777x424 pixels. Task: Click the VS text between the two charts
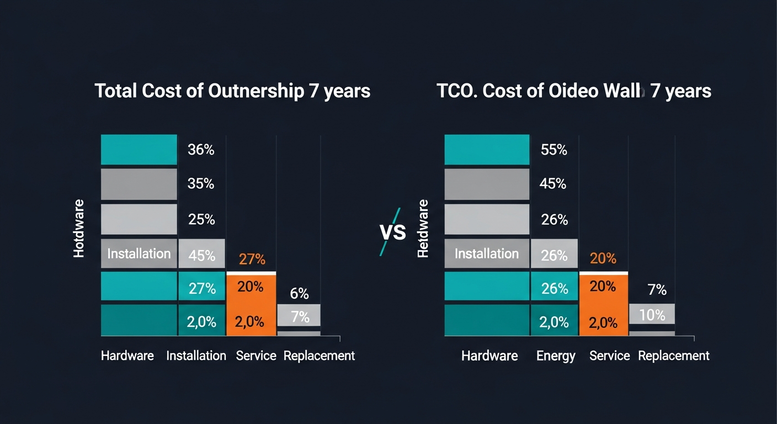pos(393,232)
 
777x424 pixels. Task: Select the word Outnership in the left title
pos(256,91)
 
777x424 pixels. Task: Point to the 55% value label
pos(554,150)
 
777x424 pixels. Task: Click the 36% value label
pos(201,150)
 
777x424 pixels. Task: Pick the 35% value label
pos(201,184)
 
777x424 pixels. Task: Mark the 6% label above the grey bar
pos(299,294)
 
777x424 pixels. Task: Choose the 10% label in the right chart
pos(652,315)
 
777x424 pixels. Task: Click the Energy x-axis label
pos(556,356)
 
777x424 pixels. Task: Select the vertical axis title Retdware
pos(423,229)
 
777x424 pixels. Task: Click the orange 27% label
pos(252,259)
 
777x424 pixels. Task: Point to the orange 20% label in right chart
pos(603,258)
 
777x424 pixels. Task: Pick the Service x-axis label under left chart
pos(256,356)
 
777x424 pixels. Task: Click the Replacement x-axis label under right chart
pos(673,356)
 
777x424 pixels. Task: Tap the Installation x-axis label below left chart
pos(196,356)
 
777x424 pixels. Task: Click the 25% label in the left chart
pos(201,220)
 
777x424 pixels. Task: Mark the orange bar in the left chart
pos(252,305)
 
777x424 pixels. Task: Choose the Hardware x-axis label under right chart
pos(489,356)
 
